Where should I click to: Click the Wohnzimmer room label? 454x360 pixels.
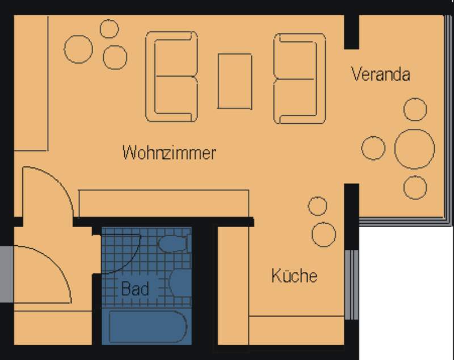coord(169,152)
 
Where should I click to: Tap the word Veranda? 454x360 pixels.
coord(381,74)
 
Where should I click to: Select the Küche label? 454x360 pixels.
coord(294,275)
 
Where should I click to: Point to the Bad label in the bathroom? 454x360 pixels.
coord(135,288)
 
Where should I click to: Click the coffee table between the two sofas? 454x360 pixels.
coord(235,81)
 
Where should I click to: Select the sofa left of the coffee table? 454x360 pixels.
coord(172,77)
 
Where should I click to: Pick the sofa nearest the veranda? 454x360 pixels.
coord(300,78)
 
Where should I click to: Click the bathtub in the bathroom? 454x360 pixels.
coord(148,327)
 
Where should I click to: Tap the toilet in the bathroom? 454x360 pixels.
coord(174,243)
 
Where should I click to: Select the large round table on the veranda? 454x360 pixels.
coord(415,149)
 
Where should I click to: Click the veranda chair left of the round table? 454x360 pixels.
coord(373,148)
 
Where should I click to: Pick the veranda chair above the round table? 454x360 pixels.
coord(415,109)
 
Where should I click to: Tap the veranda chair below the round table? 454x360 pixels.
coord(415,187)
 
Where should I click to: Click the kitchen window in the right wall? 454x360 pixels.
coord(351,284)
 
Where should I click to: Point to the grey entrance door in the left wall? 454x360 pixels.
coord(7,274)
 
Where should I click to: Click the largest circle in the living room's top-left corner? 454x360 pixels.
coord(78,49)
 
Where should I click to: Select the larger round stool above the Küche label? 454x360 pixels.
coord(323,235)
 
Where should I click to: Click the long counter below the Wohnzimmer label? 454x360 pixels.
coord(163,203)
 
